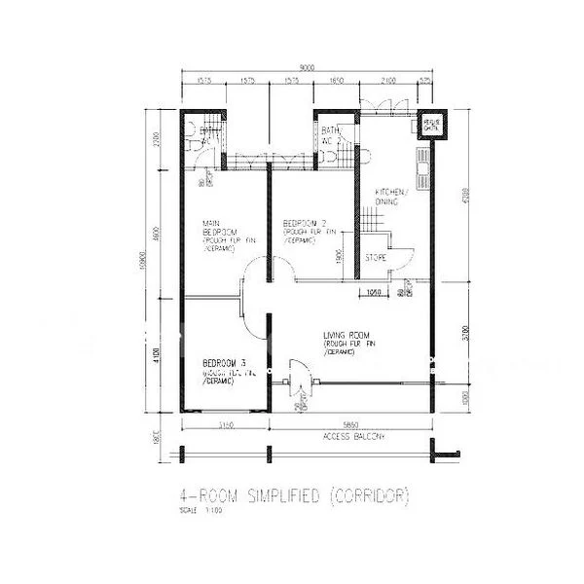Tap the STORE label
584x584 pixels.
(375, 258)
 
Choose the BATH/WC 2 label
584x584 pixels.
(331, 135)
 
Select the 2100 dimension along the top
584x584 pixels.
(389, 83)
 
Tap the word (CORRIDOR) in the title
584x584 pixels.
(369, 495)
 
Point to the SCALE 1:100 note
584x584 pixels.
(195, 510)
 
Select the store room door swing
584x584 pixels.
(400, 259)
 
